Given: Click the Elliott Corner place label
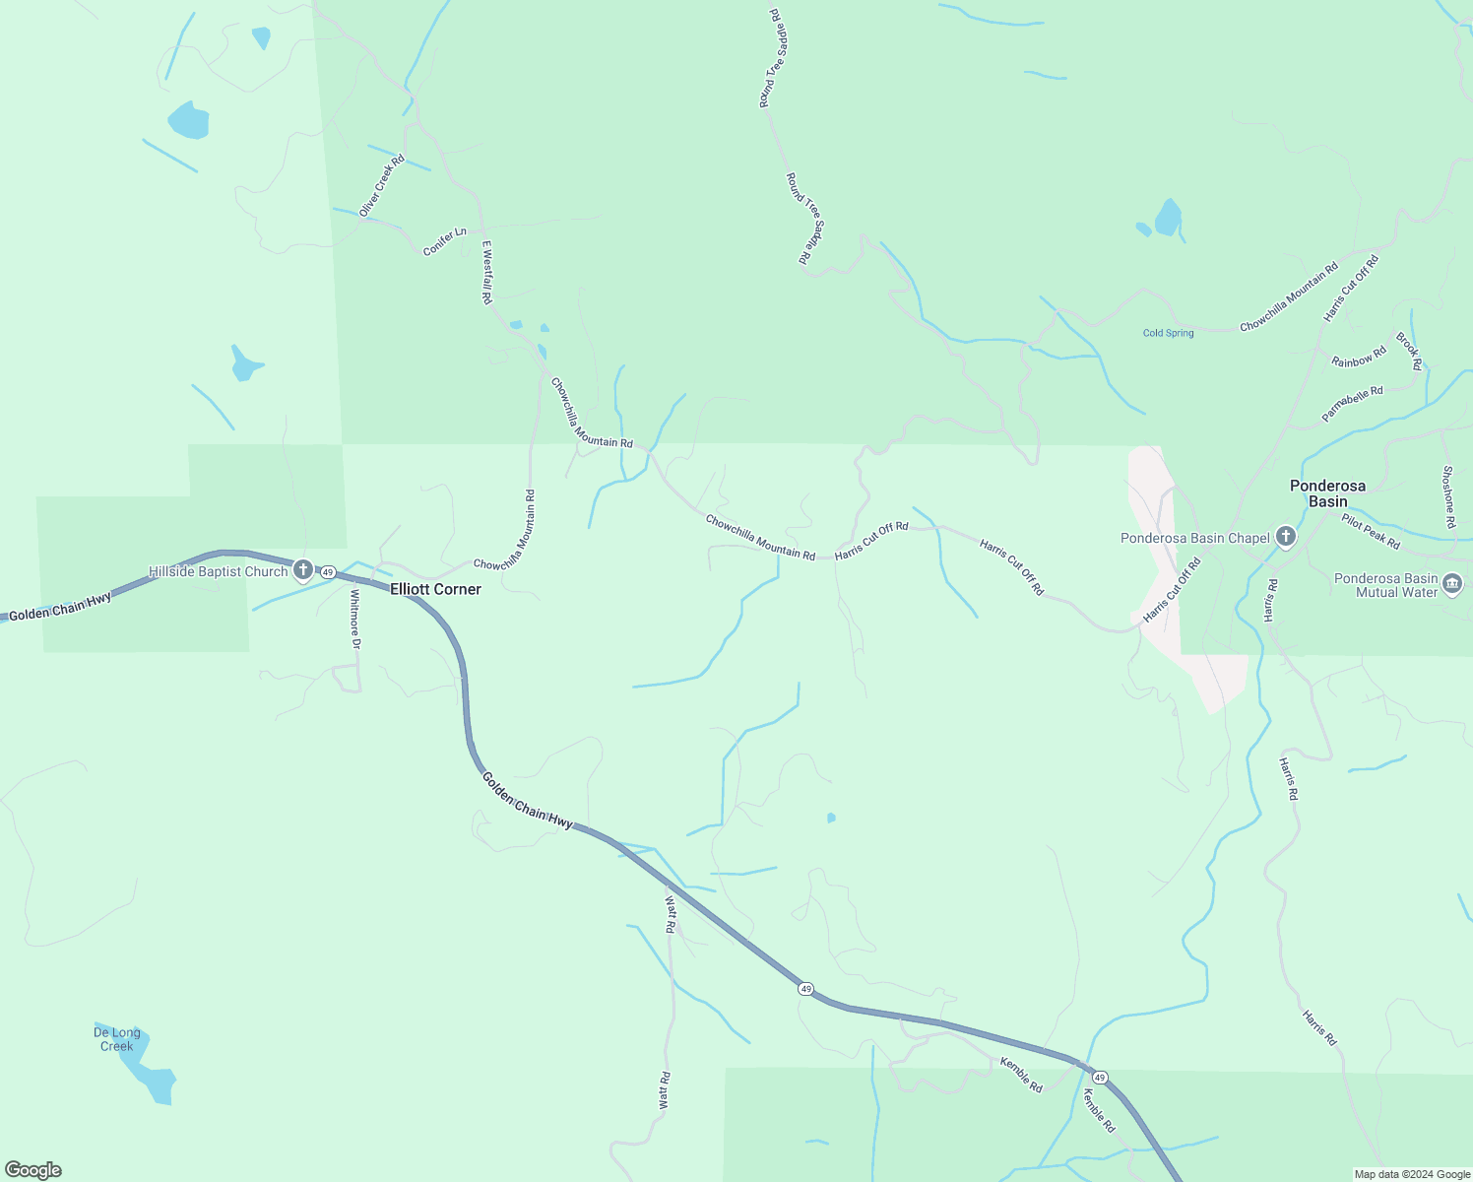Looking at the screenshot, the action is [435, 589].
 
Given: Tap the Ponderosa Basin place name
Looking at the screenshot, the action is [1327, 493].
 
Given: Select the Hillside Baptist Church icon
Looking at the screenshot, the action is [303, 570].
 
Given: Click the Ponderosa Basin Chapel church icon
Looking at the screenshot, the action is [1285, 537].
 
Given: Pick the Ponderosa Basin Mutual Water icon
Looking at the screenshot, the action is [1452, 585].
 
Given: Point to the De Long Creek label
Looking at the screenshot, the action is [117, 1039].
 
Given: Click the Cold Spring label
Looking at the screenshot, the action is [1168, 333].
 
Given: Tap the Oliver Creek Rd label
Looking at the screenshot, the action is [382, 185].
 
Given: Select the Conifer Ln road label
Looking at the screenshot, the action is [445, 241].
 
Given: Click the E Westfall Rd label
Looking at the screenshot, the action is [486, 272].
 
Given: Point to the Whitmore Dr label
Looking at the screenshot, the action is [355, 620].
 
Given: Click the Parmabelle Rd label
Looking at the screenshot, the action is [1352, 404].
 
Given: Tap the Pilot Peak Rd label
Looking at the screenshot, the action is [1371, 532].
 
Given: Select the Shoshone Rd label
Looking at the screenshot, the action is [1447, 496].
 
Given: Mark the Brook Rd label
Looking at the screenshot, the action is [1409, 351].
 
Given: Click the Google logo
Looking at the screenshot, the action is [33, 1170].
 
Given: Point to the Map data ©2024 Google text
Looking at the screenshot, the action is [1411, 1174].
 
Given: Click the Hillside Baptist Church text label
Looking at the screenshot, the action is [218, 571].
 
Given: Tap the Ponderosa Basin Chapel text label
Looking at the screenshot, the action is [1194, 538].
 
